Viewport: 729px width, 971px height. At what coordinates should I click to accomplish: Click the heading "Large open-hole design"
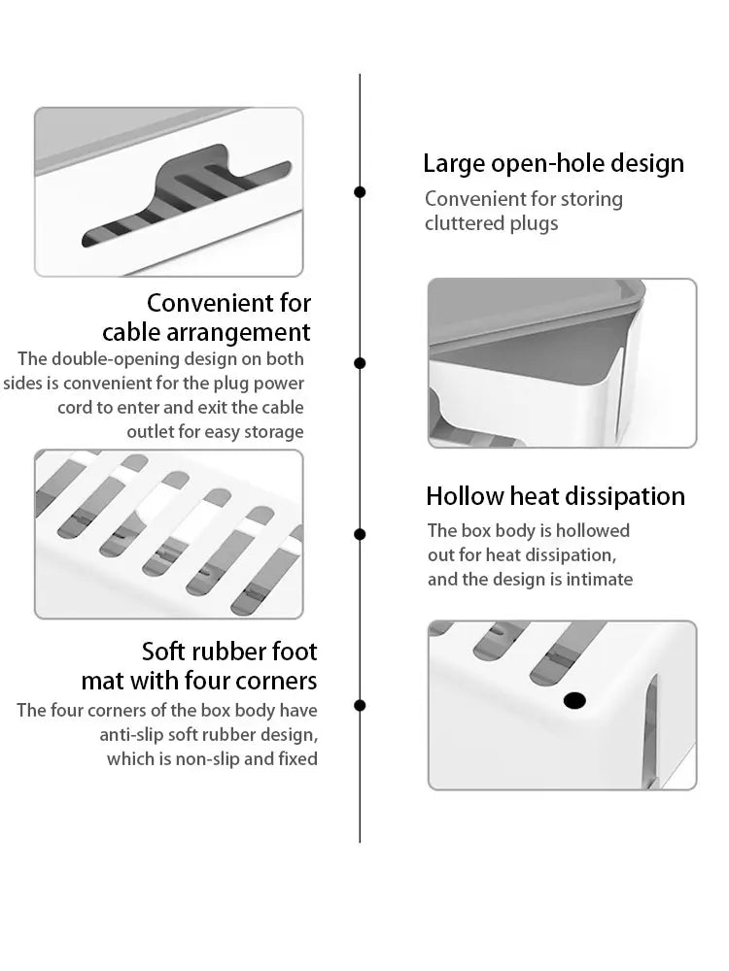[x=553, y=163]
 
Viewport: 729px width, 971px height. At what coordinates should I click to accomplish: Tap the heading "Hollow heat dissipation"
[x=555, y=496]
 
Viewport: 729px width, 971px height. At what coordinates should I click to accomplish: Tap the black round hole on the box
[x=574, y=700]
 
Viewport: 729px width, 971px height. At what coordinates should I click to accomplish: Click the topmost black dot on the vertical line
[x=360, y=192]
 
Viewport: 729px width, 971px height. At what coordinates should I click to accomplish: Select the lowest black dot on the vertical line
[x=360, y=705]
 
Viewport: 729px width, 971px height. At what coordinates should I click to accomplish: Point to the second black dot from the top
[x=360, y=363]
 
